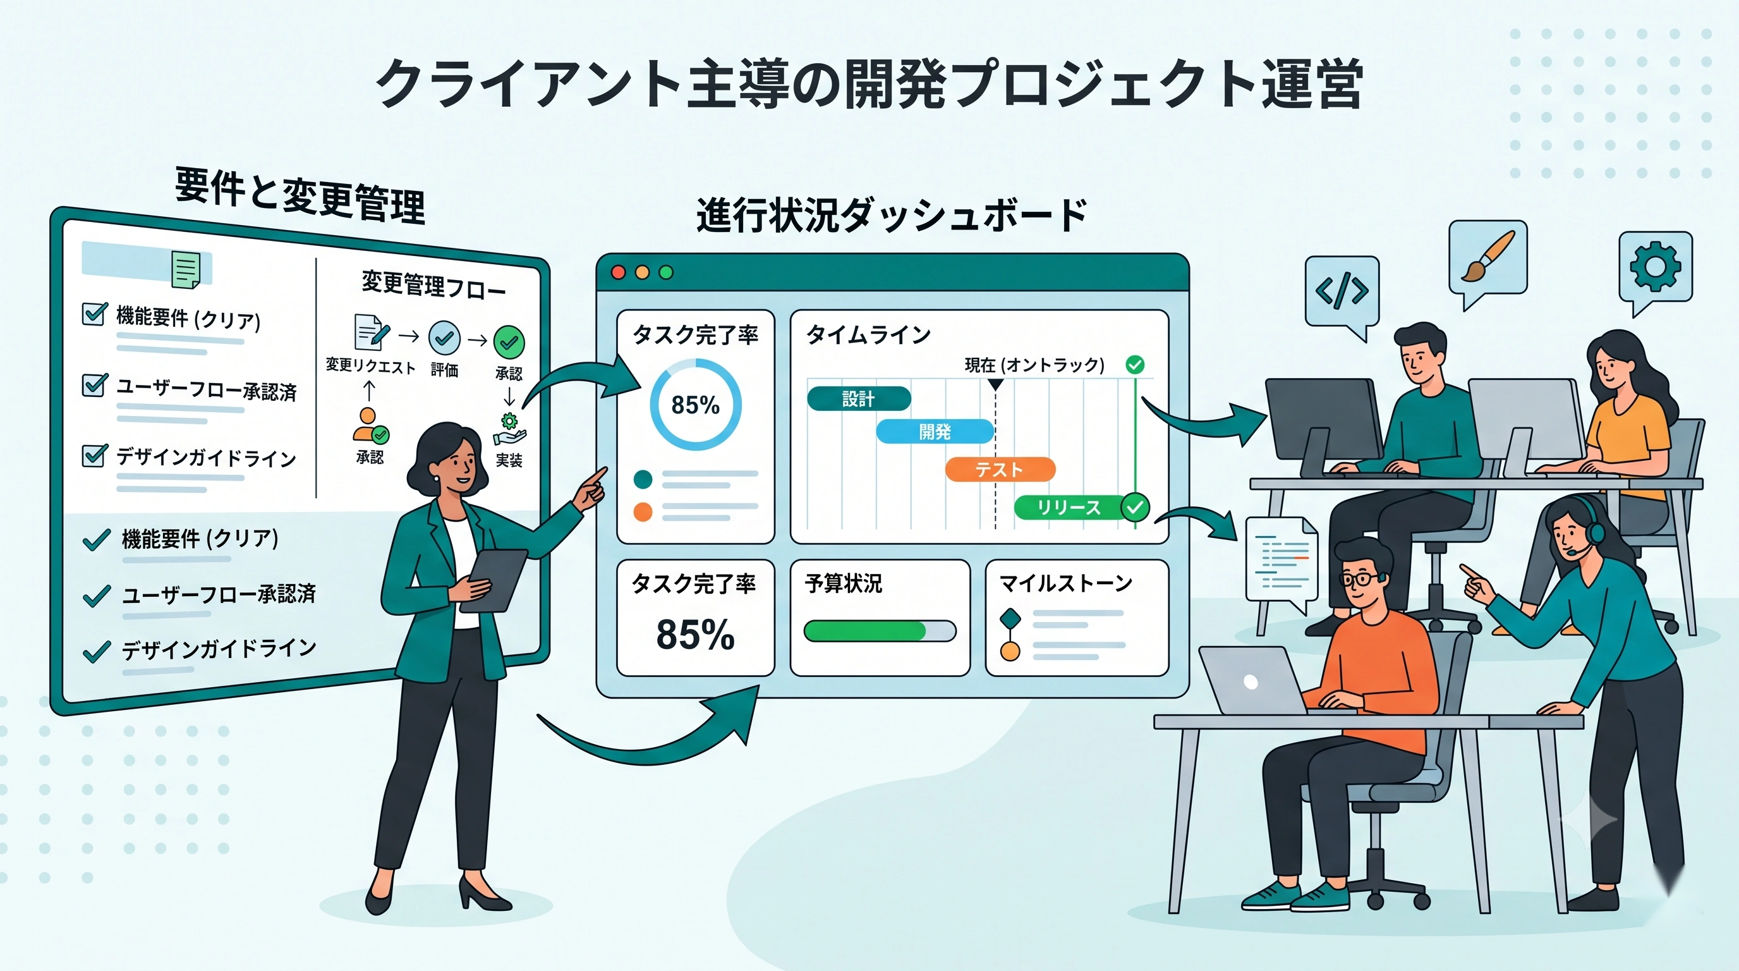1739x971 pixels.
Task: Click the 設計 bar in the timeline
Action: pyautogui.click(x=859, y=398)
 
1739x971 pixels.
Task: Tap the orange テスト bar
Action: pyautogui.click(x=1000, y=469)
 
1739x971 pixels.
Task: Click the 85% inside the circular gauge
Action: pyautogui.click(x=695, y=405)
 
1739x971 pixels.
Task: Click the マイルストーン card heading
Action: pyautogui.click(x=1066, y=583)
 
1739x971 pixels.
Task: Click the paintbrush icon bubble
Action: pyautogui.click(x=1488, y=260)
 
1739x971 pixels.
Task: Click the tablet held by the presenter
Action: pyautogui.click(x=494, y=581)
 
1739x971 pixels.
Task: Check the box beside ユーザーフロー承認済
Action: pyautogui.click(x=94, y=384)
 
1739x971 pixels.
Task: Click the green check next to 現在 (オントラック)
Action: pyautogui.click(x=1136, y=365)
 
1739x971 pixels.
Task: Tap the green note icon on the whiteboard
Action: pyautogui.click(x=186, y=269)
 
